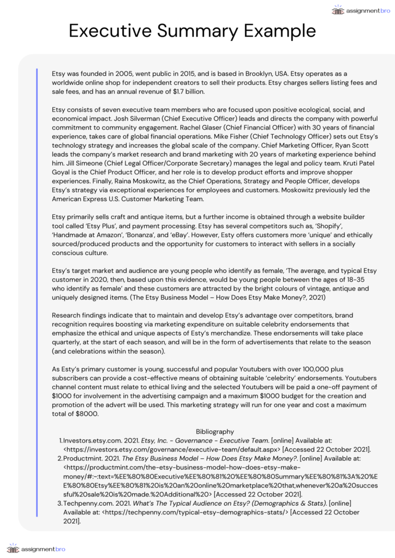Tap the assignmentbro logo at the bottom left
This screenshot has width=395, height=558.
click(36, 548)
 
